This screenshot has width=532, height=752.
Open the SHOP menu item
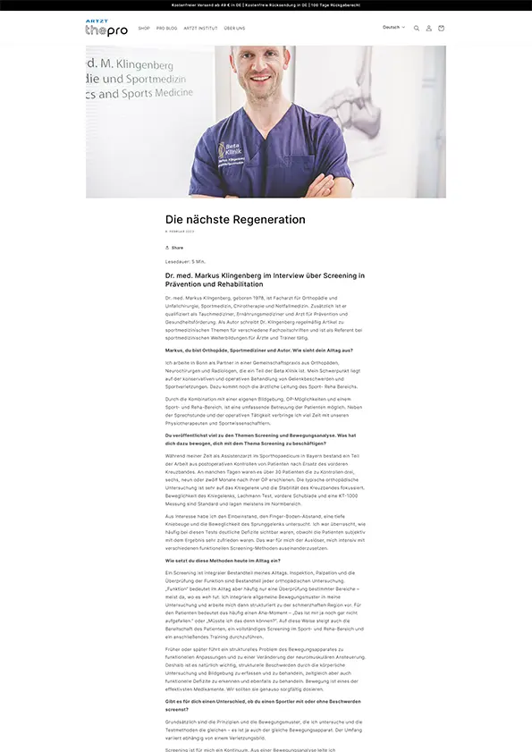pyautogui.click(x=144, y=28)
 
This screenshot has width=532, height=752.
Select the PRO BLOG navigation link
pyautogui.click(x=166, y=28)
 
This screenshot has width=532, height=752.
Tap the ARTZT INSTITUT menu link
pyautogui.click(x=200, y=28)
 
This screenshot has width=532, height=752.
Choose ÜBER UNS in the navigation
pyautogui.click(x=235, y=28)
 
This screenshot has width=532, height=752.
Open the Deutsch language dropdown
pyautogui.click(x=393, y=28)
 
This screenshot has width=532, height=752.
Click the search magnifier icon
pyautogui.click(x=416, y=29)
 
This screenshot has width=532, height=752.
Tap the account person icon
pyautogui.click(x=428, y=29)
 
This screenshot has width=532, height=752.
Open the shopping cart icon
pyautogui.click(x=441, y=29)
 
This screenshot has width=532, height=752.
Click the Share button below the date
pyautogui.click(x=174, y=248)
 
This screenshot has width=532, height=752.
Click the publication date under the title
pyautogui.click(x=180, y=231)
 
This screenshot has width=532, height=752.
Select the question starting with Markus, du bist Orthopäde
pyautogui.click(x=259, y=350)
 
